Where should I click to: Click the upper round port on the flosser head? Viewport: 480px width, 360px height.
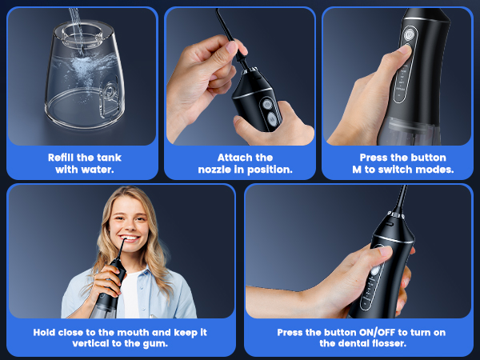pos(263,102)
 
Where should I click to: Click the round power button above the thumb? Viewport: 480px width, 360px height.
pos(410,34)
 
